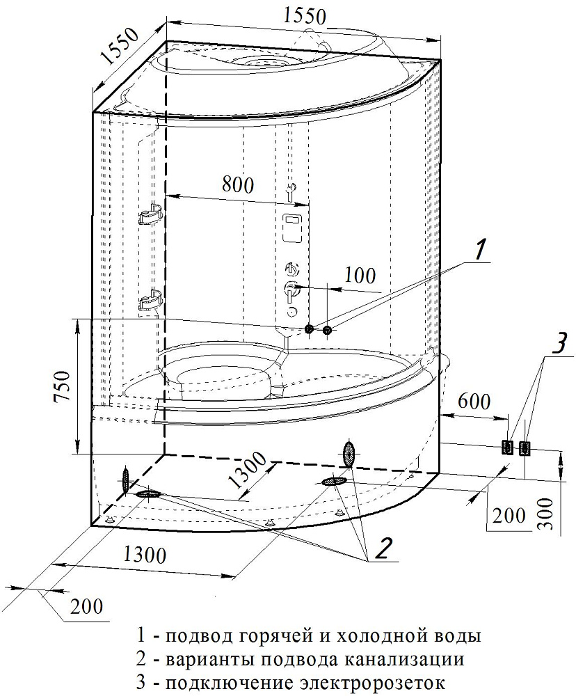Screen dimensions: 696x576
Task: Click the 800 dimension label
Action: click(238, 185)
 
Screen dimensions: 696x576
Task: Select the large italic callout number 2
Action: click(383, 550)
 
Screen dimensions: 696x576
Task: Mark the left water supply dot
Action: click(310, 329)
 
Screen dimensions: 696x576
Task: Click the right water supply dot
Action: click(328, 329)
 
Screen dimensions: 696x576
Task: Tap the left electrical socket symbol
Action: click(509, 448)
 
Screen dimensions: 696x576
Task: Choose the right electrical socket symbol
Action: click(525, 448)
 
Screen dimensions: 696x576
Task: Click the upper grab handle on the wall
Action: click(150, 217)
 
